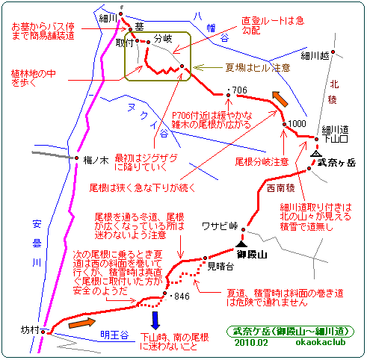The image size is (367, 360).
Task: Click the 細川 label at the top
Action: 108,18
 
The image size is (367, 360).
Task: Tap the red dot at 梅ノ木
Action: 77,158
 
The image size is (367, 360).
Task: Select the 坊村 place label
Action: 30,330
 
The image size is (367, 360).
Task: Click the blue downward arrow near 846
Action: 155,320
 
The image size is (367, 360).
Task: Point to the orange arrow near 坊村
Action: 82,323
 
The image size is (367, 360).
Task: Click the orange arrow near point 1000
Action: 280,99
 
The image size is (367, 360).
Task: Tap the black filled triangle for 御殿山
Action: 241,243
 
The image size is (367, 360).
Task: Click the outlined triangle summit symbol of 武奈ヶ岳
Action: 316,153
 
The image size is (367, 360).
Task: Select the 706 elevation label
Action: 239,90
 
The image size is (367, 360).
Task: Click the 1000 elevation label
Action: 297,124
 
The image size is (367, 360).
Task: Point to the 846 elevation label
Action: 182,297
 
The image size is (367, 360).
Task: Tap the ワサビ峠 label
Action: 220,226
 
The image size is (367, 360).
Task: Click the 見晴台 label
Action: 220,267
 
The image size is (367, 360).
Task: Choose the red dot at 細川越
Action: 333,52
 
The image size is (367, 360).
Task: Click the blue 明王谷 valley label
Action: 114,335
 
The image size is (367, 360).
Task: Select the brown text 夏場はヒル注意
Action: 258,67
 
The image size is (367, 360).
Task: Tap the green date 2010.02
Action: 251,343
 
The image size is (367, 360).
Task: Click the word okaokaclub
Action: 321,342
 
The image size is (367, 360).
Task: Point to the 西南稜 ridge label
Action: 281,188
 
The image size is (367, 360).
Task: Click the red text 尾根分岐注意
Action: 262,162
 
